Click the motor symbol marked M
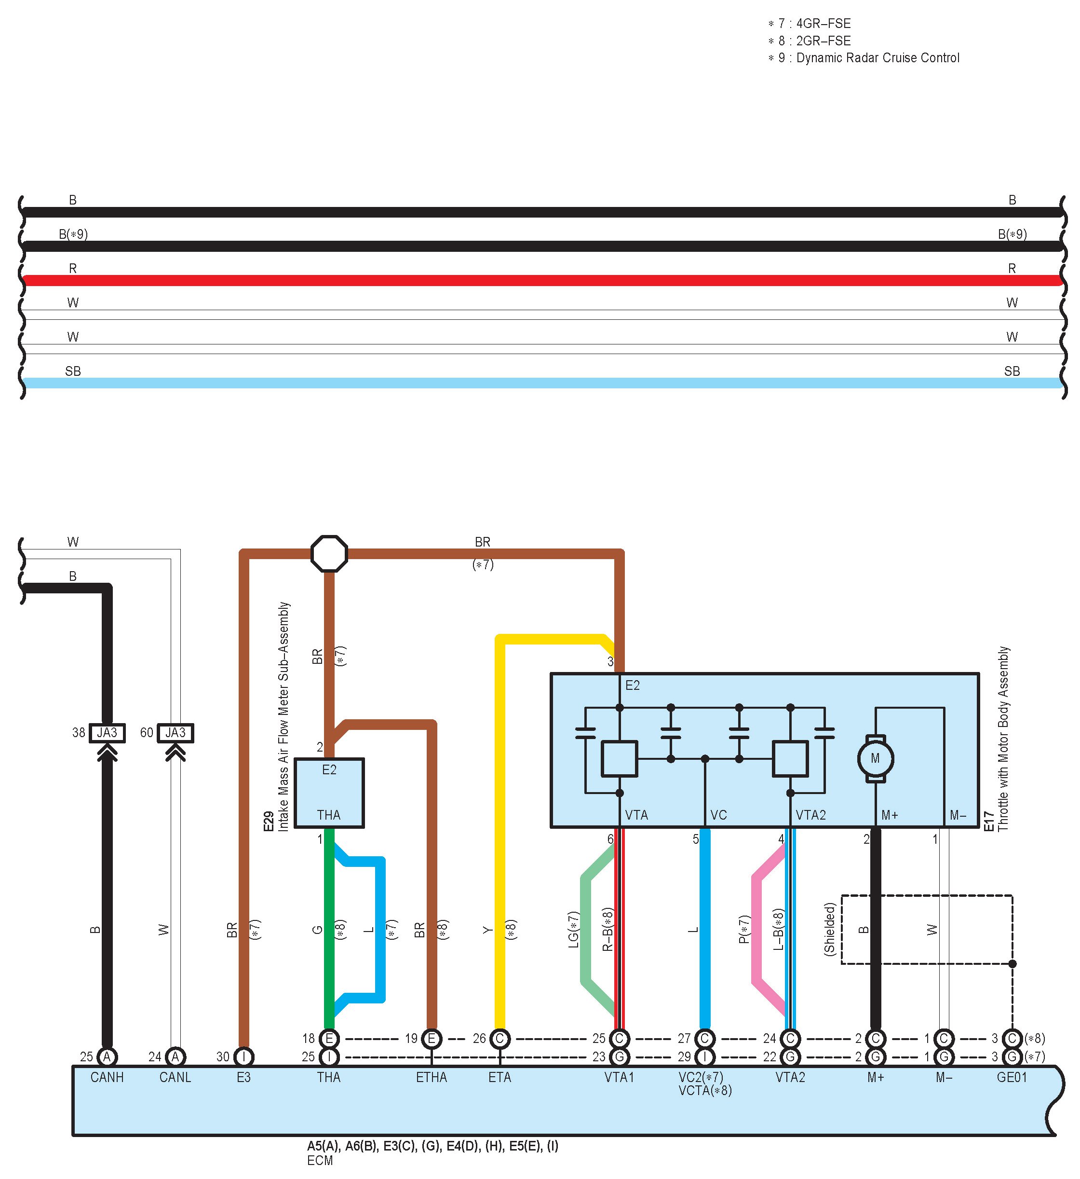[x=875, y=758]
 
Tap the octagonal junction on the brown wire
[x=329, y=553]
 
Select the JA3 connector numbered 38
[x=107, y=733]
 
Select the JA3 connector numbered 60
[x=175, y=733]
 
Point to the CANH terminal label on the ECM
[x=107, y=1077]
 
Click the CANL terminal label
[x=175, y=1077]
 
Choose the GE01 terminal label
[x=1012, y=1077]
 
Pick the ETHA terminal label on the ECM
[x=432, y=1077]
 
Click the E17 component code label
[x=989, y=821]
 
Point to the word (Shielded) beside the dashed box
[x=829, y=930]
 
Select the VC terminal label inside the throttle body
[x=718, y=815]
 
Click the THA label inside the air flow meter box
[x=329, y=815]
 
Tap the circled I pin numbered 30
[x=243, y=1057]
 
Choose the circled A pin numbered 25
[x=107, y=1057]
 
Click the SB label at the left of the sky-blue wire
[x=73, y=371]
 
